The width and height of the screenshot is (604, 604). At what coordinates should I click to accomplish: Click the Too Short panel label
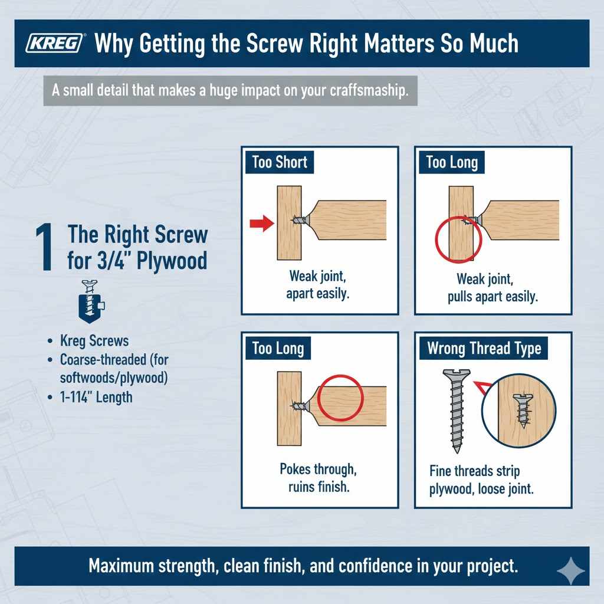pos(280,162)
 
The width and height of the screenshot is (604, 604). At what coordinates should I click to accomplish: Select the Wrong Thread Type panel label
pos(484,348)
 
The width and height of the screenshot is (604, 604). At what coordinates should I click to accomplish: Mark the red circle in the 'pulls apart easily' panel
pos(458,239)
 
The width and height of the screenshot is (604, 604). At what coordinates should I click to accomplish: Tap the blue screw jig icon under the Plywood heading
pos(91,301)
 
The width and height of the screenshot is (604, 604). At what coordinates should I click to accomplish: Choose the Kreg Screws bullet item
pos(94,340)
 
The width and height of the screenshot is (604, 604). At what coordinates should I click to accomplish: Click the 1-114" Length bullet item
pos(96,397)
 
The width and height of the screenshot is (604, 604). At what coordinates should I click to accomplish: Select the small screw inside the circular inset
pos(521,411)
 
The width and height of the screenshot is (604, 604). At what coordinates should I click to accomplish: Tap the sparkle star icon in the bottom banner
pos(570,572)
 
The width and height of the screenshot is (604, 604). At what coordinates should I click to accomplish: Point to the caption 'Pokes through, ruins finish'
pos(319,478)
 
